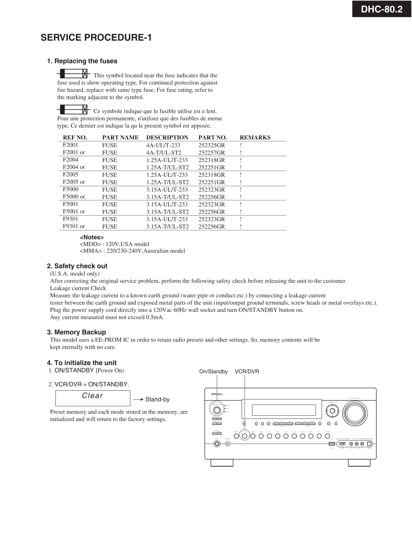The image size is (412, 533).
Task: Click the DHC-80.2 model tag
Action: click(382, 9)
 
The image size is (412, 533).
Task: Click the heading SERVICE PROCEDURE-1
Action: click(96, 38)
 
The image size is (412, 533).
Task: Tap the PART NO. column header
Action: click(213, 137)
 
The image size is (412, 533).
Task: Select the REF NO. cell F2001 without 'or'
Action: click(71, 145)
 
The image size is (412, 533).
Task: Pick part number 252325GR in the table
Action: click(212, 145)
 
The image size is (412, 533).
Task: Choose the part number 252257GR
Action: click(212, 153)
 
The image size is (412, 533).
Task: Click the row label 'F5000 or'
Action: click(74, 196)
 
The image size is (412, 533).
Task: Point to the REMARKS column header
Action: click(255, 137)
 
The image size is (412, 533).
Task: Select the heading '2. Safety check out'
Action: click(77, 266)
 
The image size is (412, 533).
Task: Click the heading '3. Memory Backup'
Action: click(76, 332)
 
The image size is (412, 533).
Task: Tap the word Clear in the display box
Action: click(93, 396)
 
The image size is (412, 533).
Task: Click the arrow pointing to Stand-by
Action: click(138, 399)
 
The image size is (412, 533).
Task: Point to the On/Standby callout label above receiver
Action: click(213, 372)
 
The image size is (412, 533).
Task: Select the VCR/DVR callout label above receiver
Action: click(247, 372)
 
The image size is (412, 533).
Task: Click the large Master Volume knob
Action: click(355, 412)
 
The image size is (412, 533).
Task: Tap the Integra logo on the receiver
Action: click(217, 394)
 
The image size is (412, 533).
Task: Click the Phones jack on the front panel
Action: click(217, 444)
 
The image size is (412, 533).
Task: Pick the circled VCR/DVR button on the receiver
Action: click(245, 436)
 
